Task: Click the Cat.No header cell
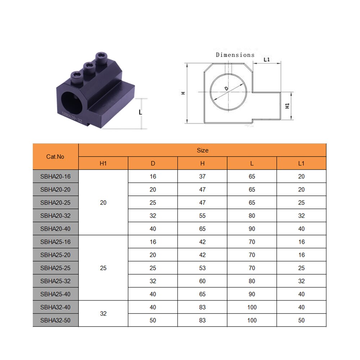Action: pyautogui.click(x=55, y=157)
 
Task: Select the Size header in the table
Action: pyautogui.click(x=202, y=150)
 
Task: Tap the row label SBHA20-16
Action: pyautogui.click(x=55, y=176)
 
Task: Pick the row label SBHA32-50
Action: pyautogui.click(x=55, y=320)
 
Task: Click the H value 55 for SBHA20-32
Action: pyautogui.click(x=202, y=216)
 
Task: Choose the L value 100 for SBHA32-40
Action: pyautogui.click(x=252, y=307)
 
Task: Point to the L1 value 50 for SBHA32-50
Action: pyautogui.click(x=301, y=320)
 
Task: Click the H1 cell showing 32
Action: pyautogui.click(x=103, y=314)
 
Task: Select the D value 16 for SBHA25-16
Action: pyautogui.click(x=153, y=242)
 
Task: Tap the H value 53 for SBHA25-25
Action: pyautogui.click(x=202, y=268)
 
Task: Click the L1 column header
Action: pyautogui.click(x=301, y=163)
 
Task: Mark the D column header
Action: pyautogui.click(x=153, y=163)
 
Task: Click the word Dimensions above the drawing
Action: pyautogui.click(x=235, y=55)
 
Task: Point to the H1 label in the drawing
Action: pyautogui.click(x=287, y=106)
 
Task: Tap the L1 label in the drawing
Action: pyautogui.click(x=267, y=59)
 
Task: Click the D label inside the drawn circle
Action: pyautogui.click(x=226, y=89)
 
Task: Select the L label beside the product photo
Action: pyautogui.click(x=140, y=112)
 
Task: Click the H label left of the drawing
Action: pyautogui.click(x=183, y=93)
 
